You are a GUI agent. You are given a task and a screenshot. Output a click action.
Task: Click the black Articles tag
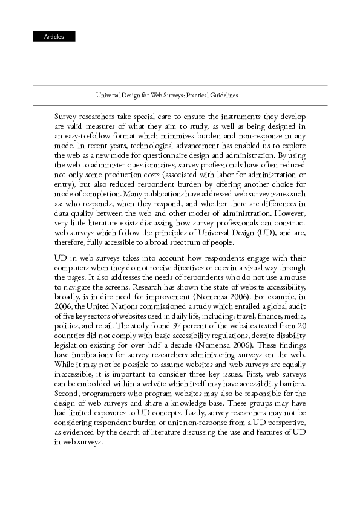click(54, 37)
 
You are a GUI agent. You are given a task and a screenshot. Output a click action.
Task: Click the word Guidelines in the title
click(223, 96)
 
